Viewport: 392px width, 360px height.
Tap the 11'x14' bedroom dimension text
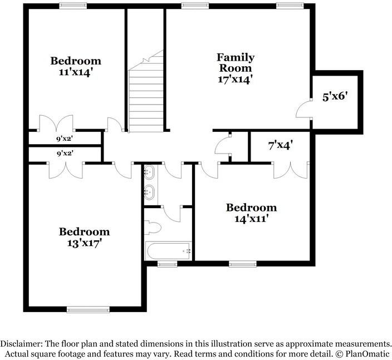click(76, 72)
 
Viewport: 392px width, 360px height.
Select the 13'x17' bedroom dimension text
click(85, 243)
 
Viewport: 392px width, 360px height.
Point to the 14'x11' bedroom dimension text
click(251, 219)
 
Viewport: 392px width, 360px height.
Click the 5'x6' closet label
click(335, 96)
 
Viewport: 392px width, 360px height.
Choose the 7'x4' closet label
click(281, 146)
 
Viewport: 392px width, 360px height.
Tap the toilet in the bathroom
click(153, 228)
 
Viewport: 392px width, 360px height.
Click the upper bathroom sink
click(149, 172)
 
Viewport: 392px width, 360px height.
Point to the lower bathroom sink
click(149, 193)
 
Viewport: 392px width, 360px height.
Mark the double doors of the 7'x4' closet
click(290, 170)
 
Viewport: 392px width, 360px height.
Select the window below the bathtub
click(166, 264)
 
